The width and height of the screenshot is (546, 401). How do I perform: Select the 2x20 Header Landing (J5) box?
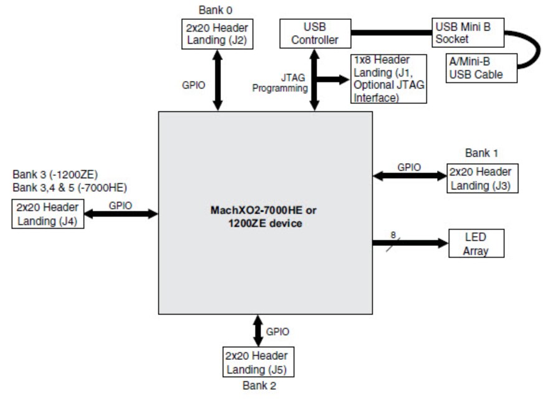pyautogui.click(x=258, y=362)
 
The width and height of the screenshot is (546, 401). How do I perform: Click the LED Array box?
pyautogui.click(x=476, y=243)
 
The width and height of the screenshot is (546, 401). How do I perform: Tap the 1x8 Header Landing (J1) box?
pyautogui.click(x=389, y=79)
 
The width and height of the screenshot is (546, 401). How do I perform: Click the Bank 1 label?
pyautogui.click(x=481, y=153)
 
